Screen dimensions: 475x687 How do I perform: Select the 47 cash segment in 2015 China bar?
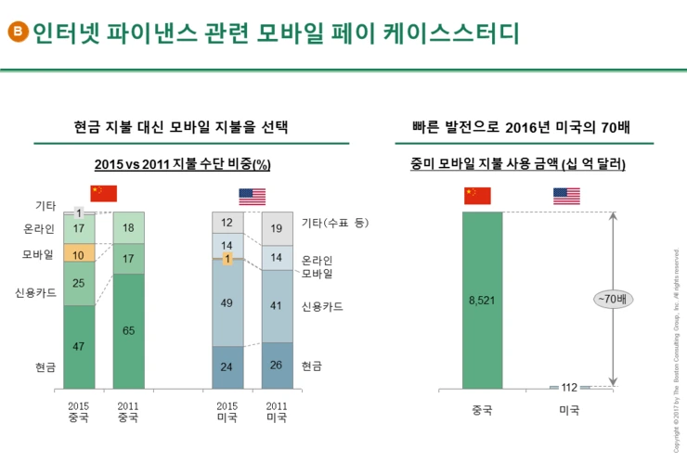(x=79, y=346)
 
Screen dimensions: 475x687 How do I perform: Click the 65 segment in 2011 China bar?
(x=128, y=330)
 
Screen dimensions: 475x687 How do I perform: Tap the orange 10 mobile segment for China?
(x=79, y=254)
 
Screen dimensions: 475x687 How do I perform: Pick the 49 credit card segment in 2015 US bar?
(x=227, y=302)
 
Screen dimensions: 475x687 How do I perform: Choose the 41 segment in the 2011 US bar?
(x=277, y=305)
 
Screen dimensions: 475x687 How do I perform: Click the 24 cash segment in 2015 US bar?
(x=227, y=366)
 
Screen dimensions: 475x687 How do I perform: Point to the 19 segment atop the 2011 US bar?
(x=277, y=227)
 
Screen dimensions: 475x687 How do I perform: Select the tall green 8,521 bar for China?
(x=482, y=300)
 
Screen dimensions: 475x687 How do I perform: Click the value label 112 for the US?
(x=570, y=387)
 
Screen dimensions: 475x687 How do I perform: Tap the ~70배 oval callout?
(x=614, y=299)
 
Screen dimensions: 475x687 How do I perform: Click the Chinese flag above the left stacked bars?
(x=104, y=194)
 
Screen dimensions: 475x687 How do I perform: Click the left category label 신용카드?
(x=35, y=292)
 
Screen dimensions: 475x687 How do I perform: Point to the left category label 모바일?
(x=38, y=254)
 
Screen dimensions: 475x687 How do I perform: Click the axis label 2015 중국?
(x=79, y=411)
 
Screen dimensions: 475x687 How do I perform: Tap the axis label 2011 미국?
(x=277, y=411)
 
